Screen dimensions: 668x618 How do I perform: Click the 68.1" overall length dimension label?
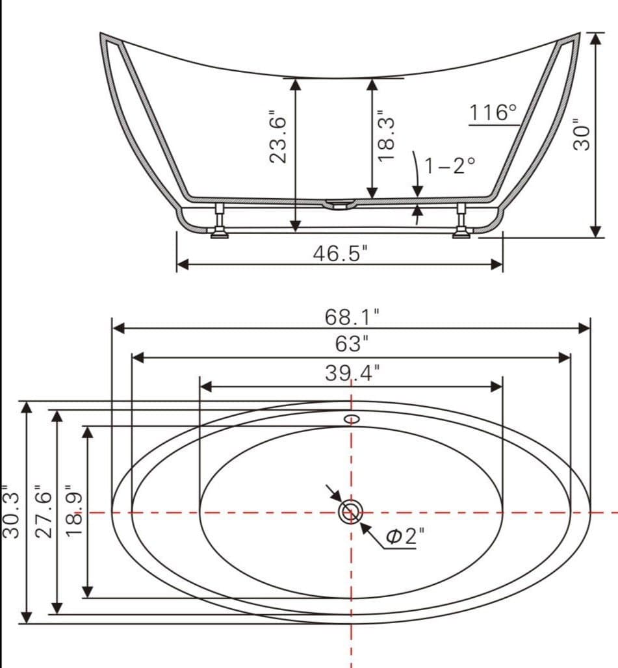[x=352, y=317]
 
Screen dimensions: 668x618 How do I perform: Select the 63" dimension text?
[x=352, y=342]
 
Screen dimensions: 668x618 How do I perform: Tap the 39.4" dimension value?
[x=352, y=373]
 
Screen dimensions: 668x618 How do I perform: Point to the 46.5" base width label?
[x=340, y=253]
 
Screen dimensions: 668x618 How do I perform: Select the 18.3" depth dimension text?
[x=387, y=136]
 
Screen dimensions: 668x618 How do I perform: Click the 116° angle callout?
[x=493, y=112]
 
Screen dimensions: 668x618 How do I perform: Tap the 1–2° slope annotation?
[x=450, y=166]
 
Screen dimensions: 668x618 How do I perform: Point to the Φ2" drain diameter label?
[x=404, y=536]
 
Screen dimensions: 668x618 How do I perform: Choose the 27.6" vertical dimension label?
[x=42, y=511]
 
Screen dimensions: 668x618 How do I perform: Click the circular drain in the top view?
[x=351, y=512]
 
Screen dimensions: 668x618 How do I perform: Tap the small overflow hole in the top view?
[x=352, y=418]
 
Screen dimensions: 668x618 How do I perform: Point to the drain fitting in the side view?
[x=339, y=205]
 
